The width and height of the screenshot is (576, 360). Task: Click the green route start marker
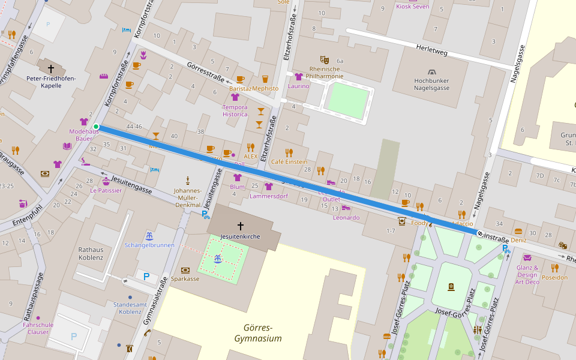click(x=96, y=127)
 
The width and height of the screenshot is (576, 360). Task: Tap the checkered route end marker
click(x=481, y=233)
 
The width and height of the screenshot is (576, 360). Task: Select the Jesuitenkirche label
click(x=240, y=236)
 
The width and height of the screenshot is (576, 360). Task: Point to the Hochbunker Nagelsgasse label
click(x=431, y=84)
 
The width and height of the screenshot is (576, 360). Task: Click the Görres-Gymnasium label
click(x=258, y=333)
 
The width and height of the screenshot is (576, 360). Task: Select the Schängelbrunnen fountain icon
click(x=149, y=235)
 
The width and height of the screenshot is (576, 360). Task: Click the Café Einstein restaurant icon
click(x=289, y=152)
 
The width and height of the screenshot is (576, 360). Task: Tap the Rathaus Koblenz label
click(x=91, y=253)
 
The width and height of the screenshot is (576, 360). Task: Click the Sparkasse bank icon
click(x=185, y=270)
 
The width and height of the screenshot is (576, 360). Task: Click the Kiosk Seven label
click(x=413, y=7)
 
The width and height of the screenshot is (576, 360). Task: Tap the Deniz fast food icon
click(x=518, y=231)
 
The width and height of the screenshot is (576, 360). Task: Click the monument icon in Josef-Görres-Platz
click(x=451, y=287)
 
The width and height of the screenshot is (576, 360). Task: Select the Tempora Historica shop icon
click(x=235, y=97)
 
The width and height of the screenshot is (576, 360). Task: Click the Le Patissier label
click(x=106, y=190)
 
